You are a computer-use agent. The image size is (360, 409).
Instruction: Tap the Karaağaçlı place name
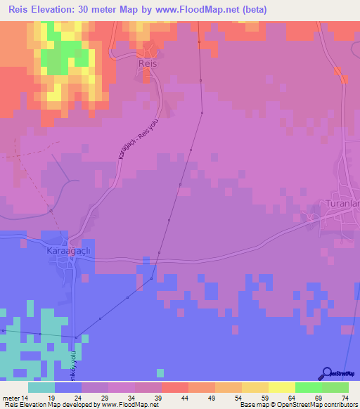(69, 250)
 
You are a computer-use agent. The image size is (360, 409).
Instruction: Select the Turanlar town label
(342, 204)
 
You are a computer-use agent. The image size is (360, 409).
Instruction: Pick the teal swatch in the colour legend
(41, 387)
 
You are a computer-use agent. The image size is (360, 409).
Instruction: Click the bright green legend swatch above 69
(309, 387)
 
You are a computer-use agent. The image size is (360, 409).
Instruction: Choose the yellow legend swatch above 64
(282, 387)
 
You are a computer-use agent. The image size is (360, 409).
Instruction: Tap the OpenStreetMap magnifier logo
(326, 374)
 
